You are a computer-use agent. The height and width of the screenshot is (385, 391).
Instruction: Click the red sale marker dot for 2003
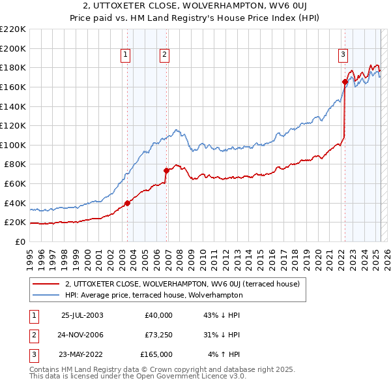click(x=127, y=203)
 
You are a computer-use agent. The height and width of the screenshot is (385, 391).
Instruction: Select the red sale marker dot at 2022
click(x=345, y=82)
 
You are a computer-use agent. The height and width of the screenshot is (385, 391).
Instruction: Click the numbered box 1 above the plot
click(x=125, y=55)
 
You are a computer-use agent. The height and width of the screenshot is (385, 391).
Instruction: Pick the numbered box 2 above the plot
click(x=164, y=55)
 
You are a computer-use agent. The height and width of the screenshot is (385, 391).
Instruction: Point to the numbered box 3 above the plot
click(x=343, y=55)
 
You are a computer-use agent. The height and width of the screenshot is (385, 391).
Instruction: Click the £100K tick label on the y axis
click(x=13, y=145)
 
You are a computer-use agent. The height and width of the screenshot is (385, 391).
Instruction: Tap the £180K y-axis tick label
click(x=13, y=67)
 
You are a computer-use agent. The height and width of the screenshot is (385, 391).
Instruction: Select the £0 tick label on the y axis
click(x=20, y=241)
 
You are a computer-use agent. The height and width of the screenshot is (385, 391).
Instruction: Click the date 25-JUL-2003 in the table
click(x=82, y=315)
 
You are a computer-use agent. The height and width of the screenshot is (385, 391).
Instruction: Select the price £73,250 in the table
click(x=158, y=335)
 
